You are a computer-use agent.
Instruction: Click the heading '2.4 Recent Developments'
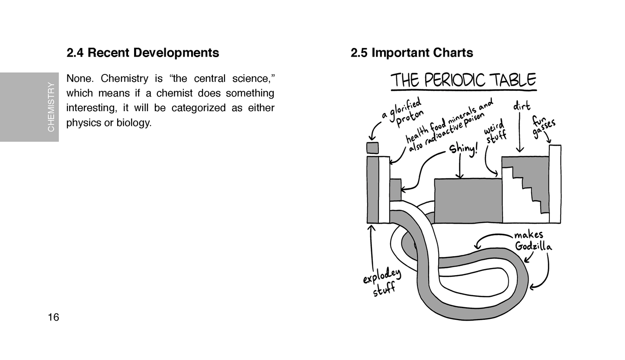142,53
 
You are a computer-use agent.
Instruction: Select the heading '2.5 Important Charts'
411,53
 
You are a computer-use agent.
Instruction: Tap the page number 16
53,318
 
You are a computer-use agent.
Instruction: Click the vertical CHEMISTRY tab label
51,107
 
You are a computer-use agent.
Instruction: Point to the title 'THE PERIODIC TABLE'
463,80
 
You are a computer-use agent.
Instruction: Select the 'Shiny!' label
464,148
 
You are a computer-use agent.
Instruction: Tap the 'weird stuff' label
495,132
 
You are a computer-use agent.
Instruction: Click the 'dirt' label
522,106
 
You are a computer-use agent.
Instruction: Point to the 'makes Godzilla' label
532,241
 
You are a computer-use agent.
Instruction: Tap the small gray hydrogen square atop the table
372,148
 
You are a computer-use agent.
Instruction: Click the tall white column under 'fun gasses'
555,184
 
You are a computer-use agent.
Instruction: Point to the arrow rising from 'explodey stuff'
371,247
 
